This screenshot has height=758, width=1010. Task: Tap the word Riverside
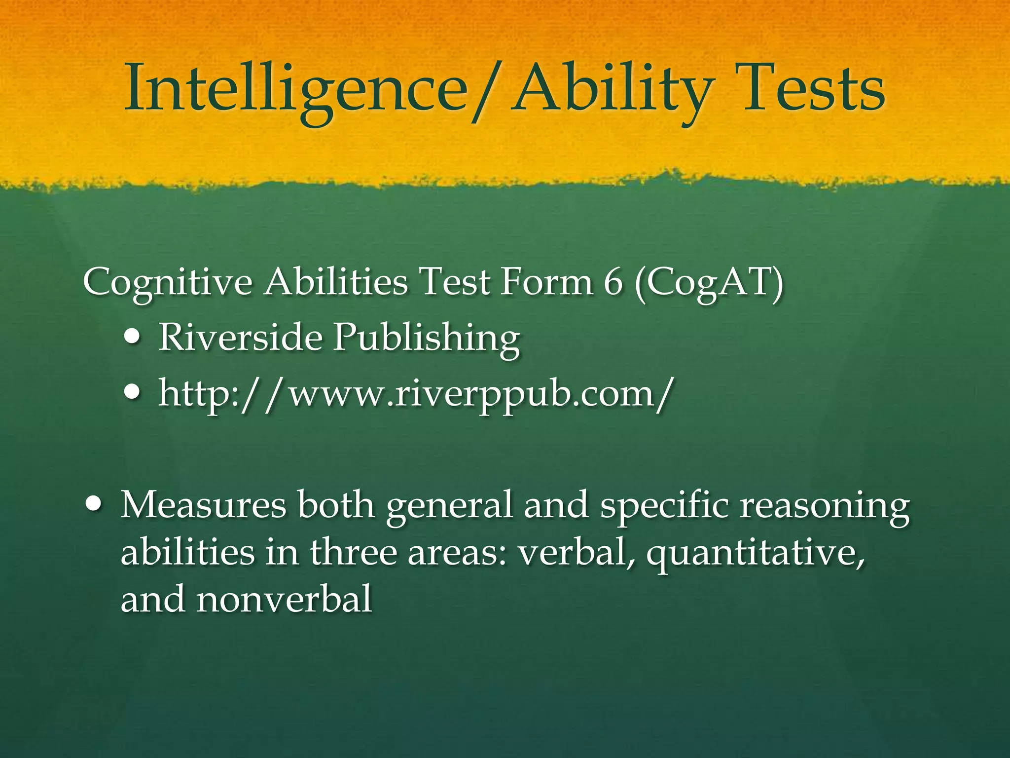pyautogui.click(x=240, y=338)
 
